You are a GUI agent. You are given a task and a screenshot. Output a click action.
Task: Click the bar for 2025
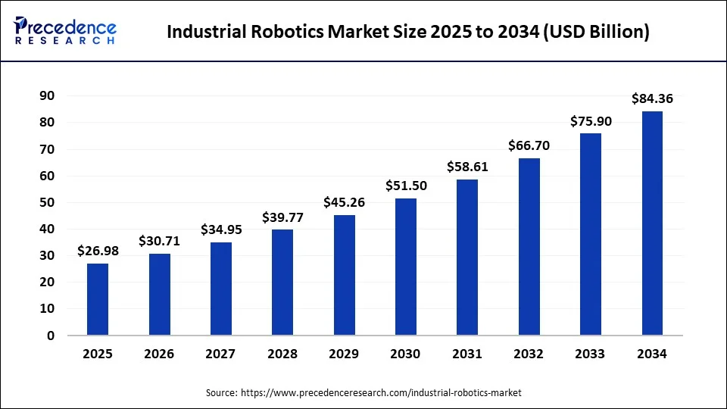98,299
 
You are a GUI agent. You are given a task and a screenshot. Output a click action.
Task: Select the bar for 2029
345,275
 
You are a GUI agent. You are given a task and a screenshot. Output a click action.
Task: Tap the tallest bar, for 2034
652,223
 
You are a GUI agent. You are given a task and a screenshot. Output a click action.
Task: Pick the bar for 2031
467,258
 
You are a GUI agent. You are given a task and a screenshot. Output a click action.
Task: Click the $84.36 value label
652,98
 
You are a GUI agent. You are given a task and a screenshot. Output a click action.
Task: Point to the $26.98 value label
98,251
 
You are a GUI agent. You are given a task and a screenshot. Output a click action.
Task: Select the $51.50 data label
405,186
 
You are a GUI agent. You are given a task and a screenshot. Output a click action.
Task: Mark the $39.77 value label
282,217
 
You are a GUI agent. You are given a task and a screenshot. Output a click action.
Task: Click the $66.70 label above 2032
529,145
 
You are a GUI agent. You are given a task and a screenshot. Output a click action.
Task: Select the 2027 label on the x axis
220,354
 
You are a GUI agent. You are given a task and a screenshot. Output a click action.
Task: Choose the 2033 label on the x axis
591,354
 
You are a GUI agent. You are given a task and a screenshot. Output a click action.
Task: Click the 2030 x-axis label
405,354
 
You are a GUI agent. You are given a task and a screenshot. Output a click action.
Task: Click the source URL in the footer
381,393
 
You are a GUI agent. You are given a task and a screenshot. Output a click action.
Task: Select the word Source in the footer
220,393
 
